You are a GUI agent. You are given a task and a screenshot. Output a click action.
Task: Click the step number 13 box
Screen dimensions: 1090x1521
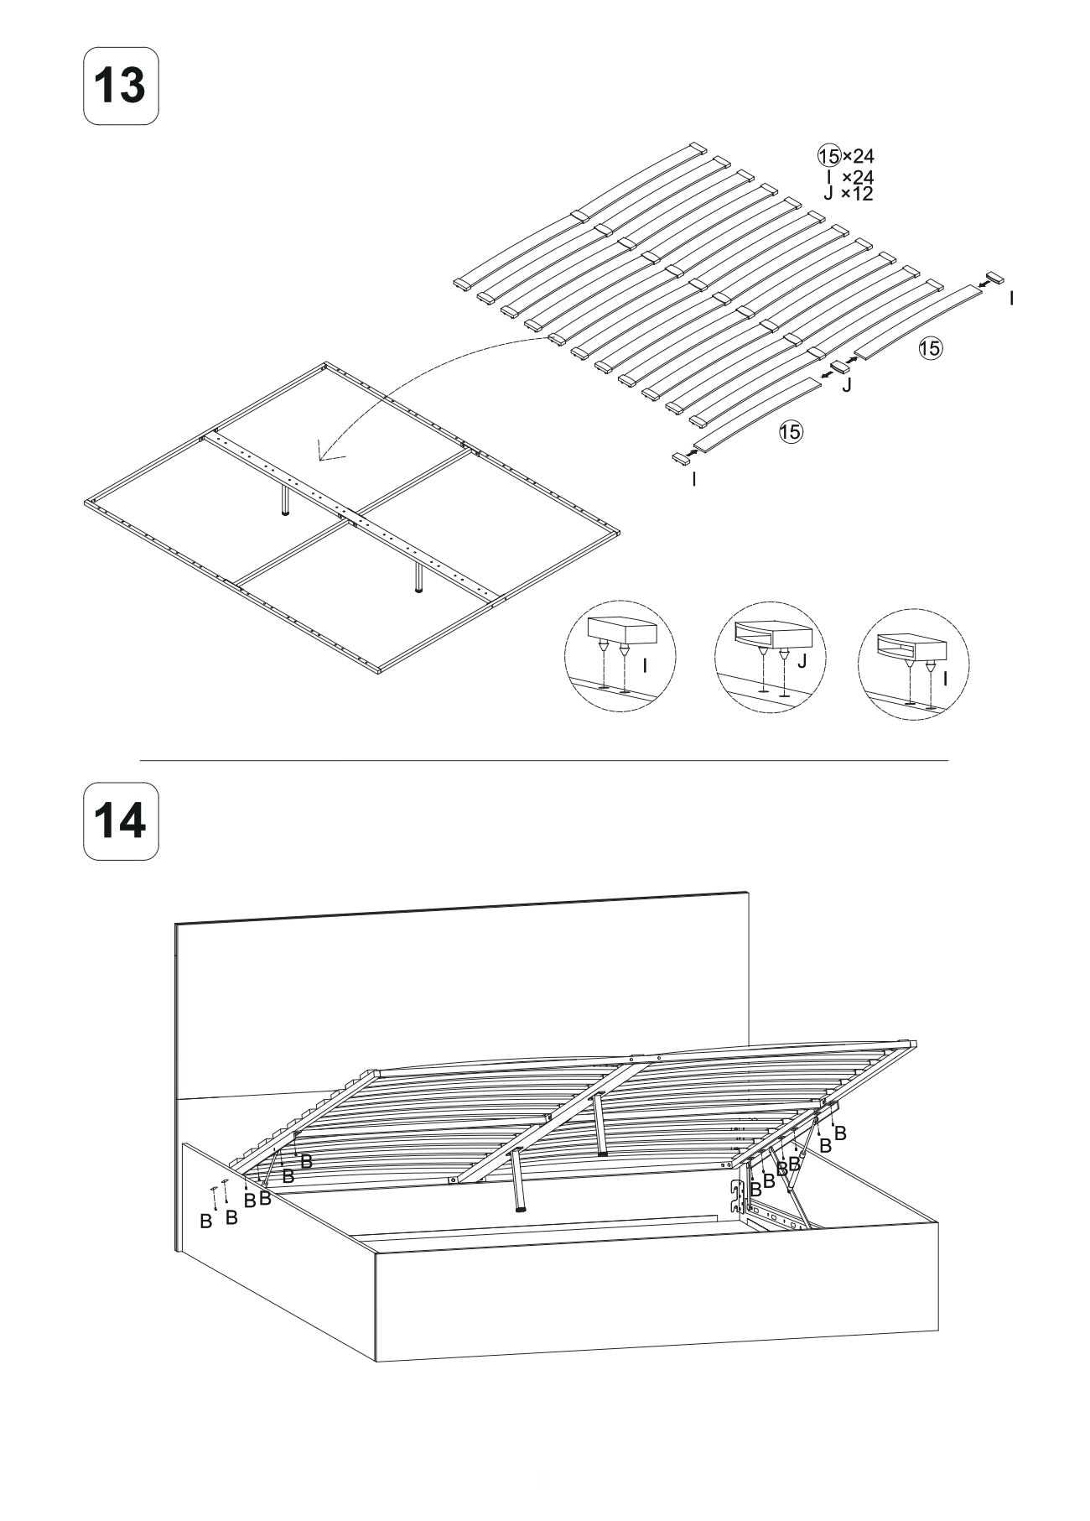tap(122, 86)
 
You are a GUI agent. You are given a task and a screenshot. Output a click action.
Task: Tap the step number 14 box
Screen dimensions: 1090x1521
tap(122, 821)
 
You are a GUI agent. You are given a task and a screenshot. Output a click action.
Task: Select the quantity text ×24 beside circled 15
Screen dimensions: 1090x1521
tap(858, 156)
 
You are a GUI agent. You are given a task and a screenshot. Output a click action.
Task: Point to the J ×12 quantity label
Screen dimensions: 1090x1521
tap(849, 194)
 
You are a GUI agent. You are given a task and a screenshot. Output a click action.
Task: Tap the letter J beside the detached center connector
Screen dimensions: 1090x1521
tap(846, 386)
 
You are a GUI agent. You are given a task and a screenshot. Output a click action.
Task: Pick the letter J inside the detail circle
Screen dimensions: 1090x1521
tap(802, 661)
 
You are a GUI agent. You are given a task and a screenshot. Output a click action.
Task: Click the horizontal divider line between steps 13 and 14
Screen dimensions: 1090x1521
tap(544, 761)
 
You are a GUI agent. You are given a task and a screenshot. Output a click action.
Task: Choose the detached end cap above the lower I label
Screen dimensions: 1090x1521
tap(679, 456)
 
